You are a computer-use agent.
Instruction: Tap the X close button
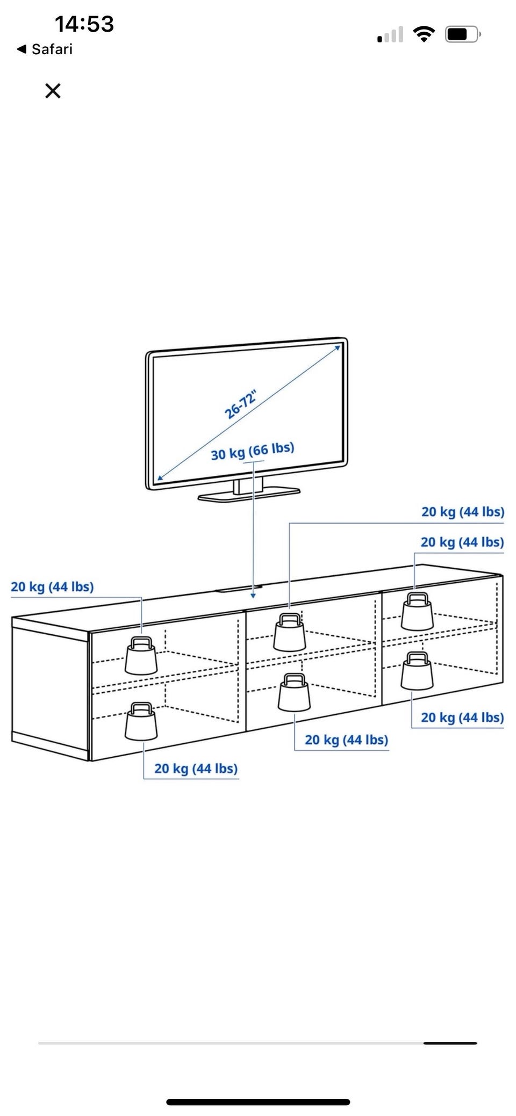tap(53, 91)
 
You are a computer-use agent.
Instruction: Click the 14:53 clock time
tap(84, 24)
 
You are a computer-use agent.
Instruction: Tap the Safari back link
tap(45, 49)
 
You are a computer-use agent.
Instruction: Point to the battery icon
tap(462, 34)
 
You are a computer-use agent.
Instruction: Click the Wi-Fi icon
tap(424, 34)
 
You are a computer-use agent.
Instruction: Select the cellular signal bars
tap(390, 35)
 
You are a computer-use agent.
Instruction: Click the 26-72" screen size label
tap(240, 404)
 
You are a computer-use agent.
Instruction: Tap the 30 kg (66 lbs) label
tap(252, 451)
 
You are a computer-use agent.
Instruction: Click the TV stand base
tap(249, 493)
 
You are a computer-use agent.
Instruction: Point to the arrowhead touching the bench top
tap(253, 596)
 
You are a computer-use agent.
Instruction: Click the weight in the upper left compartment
tap(141, 656)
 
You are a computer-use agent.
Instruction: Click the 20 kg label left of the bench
tap(52, 586)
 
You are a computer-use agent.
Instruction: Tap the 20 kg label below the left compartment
tap(196, 769)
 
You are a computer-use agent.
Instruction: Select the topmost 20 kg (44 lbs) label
tap(462, 512)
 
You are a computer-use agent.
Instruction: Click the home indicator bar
tap(258, 1102)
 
